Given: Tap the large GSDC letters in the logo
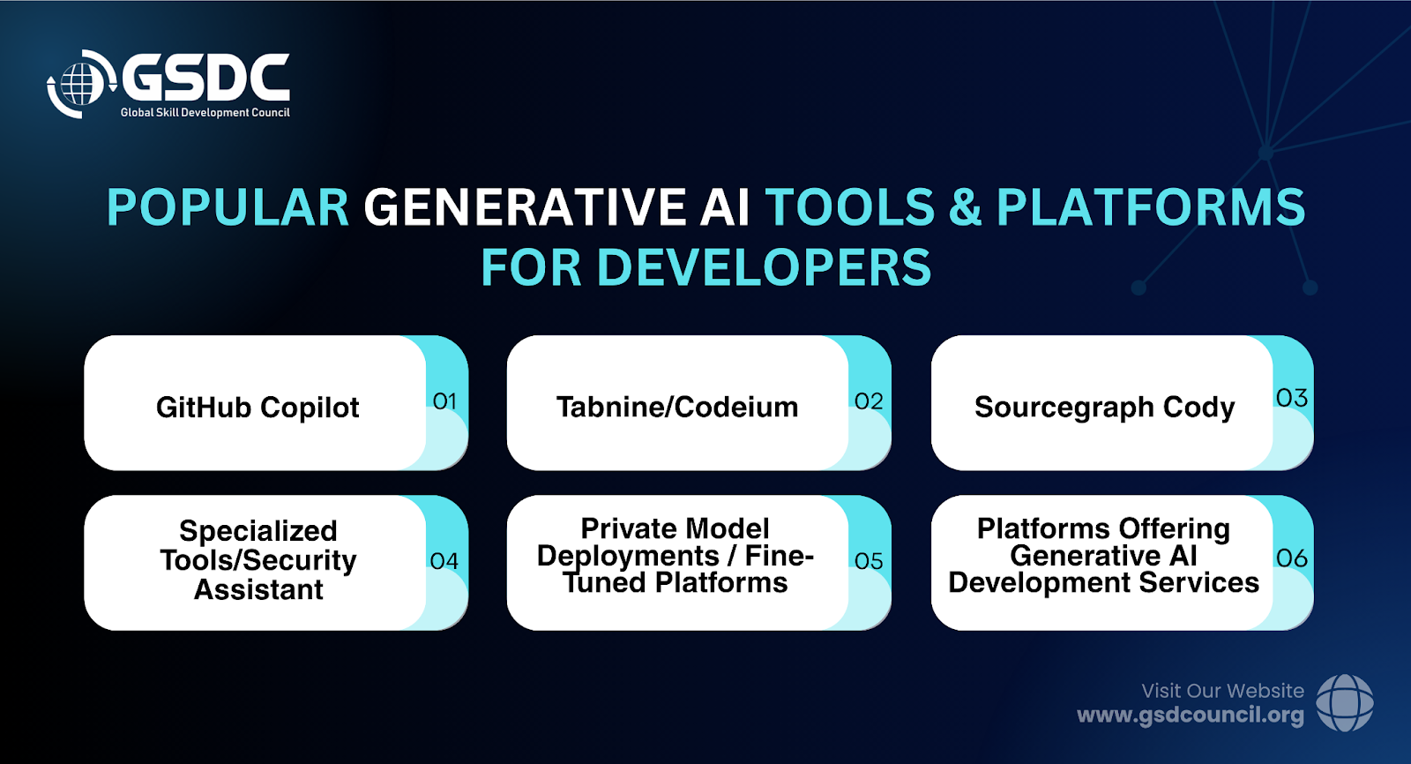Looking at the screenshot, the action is click(205, 79).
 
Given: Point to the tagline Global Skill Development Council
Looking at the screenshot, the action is click(205, 113).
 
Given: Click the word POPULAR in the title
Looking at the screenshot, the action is click(228, 207).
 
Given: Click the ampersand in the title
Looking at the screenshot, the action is click(965, 207).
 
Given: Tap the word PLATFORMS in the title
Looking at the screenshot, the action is click(1151, 207).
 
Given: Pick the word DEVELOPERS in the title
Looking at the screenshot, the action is click(764, 268).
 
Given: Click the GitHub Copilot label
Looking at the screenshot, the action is click(258, 408).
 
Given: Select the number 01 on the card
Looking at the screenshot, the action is click(444, 401).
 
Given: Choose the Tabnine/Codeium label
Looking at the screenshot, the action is click(677, 407).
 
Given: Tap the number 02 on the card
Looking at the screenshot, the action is click(869, 401).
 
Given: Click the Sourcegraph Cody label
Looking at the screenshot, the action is click(1104, 408).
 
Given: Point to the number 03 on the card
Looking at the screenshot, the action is click(1292, 399).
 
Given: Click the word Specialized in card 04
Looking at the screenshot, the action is click(258, 531).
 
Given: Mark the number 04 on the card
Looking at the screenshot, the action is click(444, 561).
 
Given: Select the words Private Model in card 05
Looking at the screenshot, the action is click(676, 528).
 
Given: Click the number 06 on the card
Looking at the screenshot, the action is click(1292, 558).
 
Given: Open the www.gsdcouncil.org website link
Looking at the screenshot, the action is click(1191, 715).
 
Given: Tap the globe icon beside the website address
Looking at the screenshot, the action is click(1346, 703).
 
